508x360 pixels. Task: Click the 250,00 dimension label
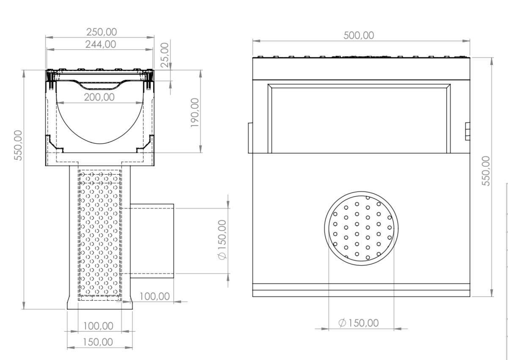101,32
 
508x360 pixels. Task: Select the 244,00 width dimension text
101,44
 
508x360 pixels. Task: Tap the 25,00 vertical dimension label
165,55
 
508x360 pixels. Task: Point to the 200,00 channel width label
99,97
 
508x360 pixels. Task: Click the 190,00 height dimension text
195,113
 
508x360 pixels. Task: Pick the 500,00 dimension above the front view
359,35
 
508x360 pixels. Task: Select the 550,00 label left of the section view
19,145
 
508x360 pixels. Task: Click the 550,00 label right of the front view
486,170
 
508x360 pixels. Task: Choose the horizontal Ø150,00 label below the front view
359,323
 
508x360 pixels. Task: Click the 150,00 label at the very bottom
98,342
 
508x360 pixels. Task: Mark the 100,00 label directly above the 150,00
98,326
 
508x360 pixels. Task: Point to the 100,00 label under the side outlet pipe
154,296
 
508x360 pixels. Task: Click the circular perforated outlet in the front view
361,228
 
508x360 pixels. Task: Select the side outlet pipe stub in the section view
152,240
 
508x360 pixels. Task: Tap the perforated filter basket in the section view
100,235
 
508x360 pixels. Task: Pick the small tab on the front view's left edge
250,137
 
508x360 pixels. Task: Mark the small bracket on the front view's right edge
467,131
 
